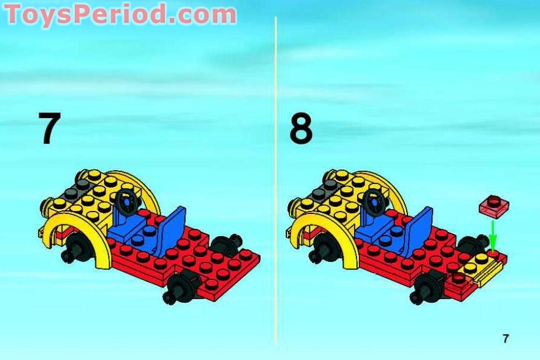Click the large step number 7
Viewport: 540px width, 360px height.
click(50, 128)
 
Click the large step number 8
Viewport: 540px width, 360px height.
click(301, 128)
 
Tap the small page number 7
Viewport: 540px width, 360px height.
click(505, 338)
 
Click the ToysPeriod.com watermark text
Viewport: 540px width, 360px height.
click(120, 14)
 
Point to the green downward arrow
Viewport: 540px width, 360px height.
click(493, 236)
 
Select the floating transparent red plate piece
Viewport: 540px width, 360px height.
click(494, 206)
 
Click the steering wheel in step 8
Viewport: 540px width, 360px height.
click(373, 202)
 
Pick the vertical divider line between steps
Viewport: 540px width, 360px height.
click(275, 180)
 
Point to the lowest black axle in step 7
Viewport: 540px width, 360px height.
click(180, 288)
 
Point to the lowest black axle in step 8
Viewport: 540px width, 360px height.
click(428, 288)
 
